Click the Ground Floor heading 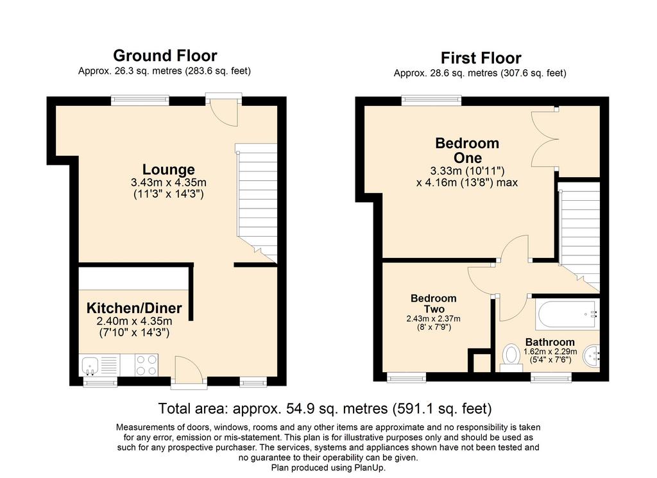coord(165,56)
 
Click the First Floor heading coord(481,58)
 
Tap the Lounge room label coord(169,169)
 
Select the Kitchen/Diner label coord(134,308)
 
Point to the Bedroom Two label coord(433,303)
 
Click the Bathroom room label coord(550,342)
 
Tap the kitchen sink coord(90,365)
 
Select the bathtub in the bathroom coord(567,314)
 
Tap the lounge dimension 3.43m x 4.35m coord(169,183)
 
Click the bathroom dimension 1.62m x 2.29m coord(550,352)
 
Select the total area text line coord(325,408)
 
